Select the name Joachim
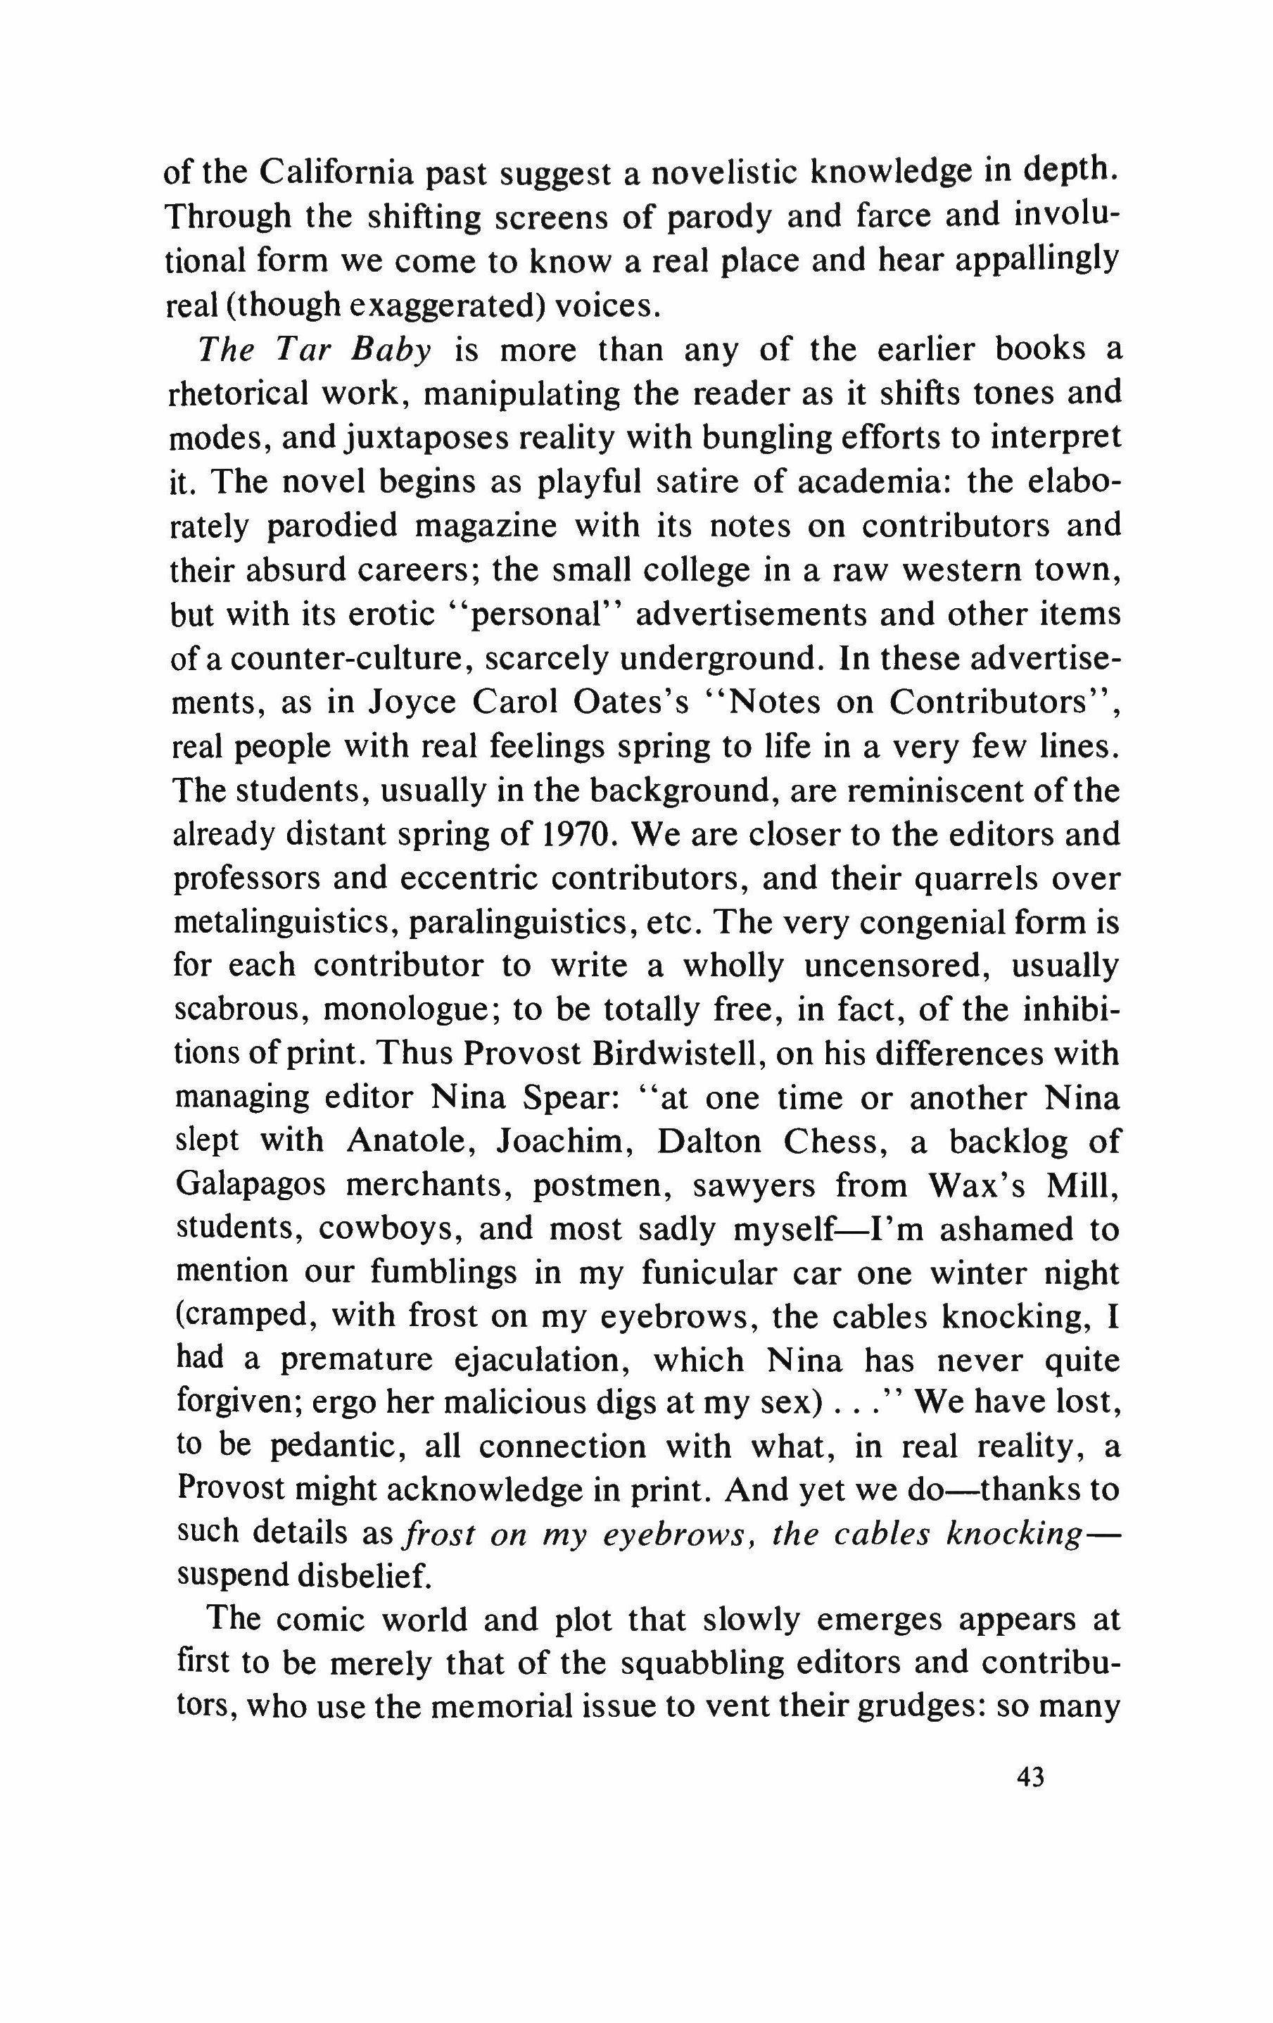coord(565,1141)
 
